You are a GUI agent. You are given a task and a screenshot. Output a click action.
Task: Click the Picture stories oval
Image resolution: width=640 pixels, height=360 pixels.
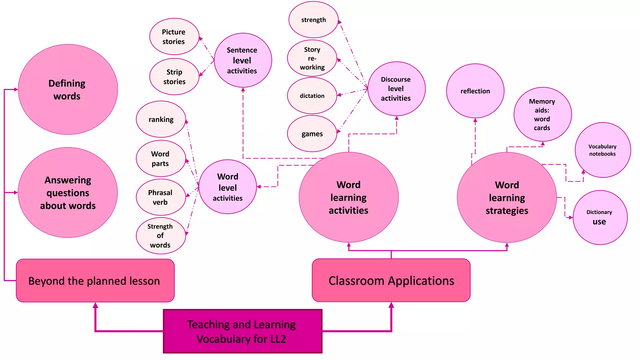point(174,37)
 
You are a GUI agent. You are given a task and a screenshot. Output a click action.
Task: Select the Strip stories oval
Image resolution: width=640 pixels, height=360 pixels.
point(174,77)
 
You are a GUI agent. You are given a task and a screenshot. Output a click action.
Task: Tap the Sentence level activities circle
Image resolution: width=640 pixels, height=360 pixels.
point(243,60)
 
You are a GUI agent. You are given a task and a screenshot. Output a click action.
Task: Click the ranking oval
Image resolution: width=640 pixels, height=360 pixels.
point(161,119)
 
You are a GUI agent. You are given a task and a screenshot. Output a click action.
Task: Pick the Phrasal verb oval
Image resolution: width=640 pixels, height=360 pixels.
point(161,197)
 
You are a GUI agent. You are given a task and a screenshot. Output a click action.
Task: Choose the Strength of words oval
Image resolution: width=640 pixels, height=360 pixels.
point(161,236)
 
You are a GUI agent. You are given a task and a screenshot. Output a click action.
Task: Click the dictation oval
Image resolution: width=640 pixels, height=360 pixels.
point(312,96)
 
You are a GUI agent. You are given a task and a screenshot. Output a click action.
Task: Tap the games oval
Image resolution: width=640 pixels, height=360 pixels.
point(312,134)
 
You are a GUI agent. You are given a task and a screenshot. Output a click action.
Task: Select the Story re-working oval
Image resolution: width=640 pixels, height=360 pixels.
point(312,58)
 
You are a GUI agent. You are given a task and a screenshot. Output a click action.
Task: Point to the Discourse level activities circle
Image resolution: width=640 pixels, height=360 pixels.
point(396,89)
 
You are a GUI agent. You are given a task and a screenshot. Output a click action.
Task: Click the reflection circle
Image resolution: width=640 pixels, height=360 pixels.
point(475,91)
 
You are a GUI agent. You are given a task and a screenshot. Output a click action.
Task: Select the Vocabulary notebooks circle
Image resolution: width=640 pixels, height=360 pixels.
point(602,150)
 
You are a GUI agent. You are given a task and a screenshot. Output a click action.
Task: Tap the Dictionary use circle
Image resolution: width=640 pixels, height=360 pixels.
point(600,217)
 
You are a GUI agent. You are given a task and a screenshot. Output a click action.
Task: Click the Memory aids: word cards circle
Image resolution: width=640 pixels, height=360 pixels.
point(542,114)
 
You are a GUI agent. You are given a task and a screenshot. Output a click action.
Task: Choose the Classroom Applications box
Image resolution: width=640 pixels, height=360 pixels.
point(391,280)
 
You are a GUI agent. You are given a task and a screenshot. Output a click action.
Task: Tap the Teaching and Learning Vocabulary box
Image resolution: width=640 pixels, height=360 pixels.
point(242,331)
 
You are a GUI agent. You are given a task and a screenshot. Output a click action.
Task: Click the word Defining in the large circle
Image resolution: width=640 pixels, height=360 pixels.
point(67,83)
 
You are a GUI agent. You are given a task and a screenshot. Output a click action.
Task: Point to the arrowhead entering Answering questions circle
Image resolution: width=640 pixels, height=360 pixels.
point(16,192)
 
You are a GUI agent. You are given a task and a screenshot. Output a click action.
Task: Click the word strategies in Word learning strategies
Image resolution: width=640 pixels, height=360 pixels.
point(507,211)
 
